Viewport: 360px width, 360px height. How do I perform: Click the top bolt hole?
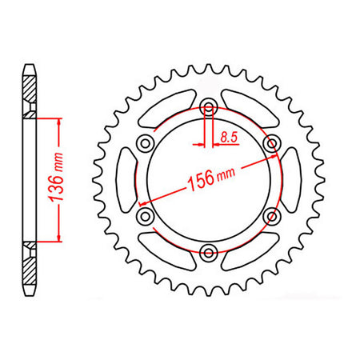point(209,107)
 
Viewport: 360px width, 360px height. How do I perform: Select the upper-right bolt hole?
point(272,143)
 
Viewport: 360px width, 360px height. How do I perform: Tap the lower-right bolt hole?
point(272,216)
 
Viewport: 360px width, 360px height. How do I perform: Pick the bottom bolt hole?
point(209,253)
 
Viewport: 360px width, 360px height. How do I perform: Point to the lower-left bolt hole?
point(146,216)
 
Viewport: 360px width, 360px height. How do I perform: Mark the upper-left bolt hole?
point(146,143)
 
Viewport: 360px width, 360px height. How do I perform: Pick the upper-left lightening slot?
point(166,112)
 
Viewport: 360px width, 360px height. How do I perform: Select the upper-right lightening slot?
point(251,112)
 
